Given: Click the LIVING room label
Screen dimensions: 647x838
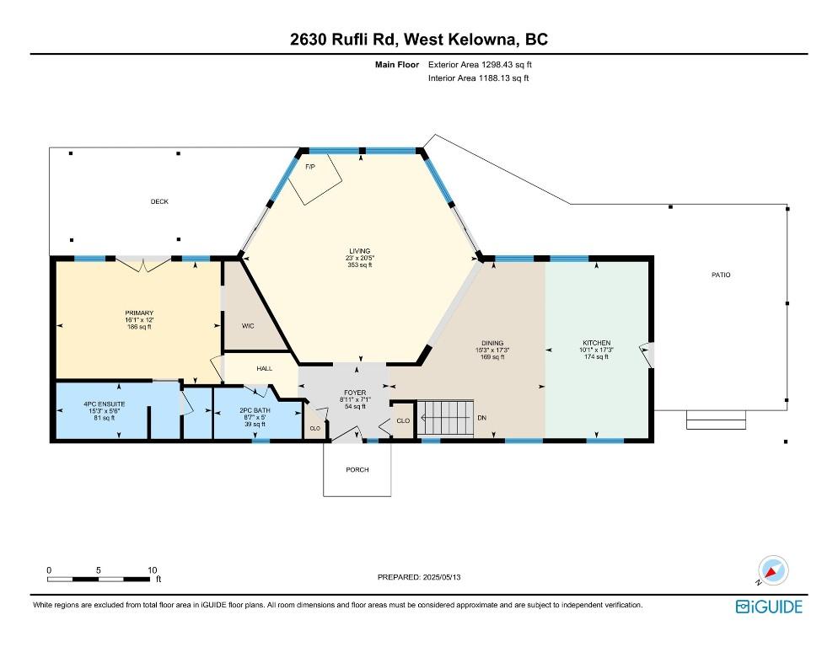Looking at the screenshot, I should tap(361, 251).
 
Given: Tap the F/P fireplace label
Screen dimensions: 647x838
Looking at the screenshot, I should tap(309, 168).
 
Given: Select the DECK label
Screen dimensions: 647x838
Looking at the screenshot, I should tap(159, 202).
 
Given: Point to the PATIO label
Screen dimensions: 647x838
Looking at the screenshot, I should tap(720, 275).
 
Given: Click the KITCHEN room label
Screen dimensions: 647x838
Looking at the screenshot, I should tap(596, 343).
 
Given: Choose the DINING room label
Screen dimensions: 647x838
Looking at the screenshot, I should tap(492, 343).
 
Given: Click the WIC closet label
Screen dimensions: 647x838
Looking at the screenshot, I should tap(248, 324).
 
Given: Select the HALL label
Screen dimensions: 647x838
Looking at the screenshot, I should tap(265, 368).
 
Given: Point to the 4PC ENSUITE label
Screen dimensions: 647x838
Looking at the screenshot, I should tap(105, 404).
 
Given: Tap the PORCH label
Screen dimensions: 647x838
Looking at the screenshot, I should tap(357, 469).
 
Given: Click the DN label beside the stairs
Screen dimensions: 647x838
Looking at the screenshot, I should tap(481, 418).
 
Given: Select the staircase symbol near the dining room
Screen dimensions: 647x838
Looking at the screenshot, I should tap(447, 417).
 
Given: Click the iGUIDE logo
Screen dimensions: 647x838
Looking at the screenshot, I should tap(769, 607).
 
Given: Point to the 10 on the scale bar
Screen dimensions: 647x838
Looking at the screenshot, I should tap(153, 569).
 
